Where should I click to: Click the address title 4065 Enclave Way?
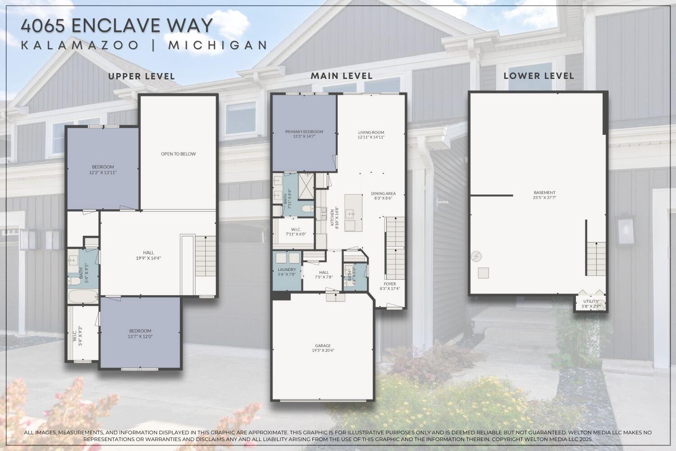tap(116, 26)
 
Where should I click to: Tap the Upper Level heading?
tap(142, 76)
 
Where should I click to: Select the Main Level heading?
tap(342, 76)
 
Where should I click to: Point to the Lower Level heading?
tap(539, 76)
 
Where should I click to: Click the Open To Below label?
tap(178, 154)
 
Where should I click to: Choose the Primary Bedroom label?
tap(304, 134)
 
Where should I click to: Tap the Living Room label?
tap(371, 134)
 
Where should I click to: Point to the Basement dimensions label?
tap(544, 198)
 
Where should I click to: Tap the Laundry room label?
tap(287, 272)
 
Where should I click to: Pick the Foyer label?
tap(390, 286)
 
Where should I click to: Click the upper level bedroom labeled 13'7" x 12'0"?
tap(140, 333)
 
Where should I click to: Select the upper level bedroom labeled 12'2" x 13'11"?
tap(103, 169)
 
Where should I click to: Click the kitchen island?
tap(353, 213)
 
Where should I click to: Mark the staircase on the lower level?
tap(596, 258)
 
